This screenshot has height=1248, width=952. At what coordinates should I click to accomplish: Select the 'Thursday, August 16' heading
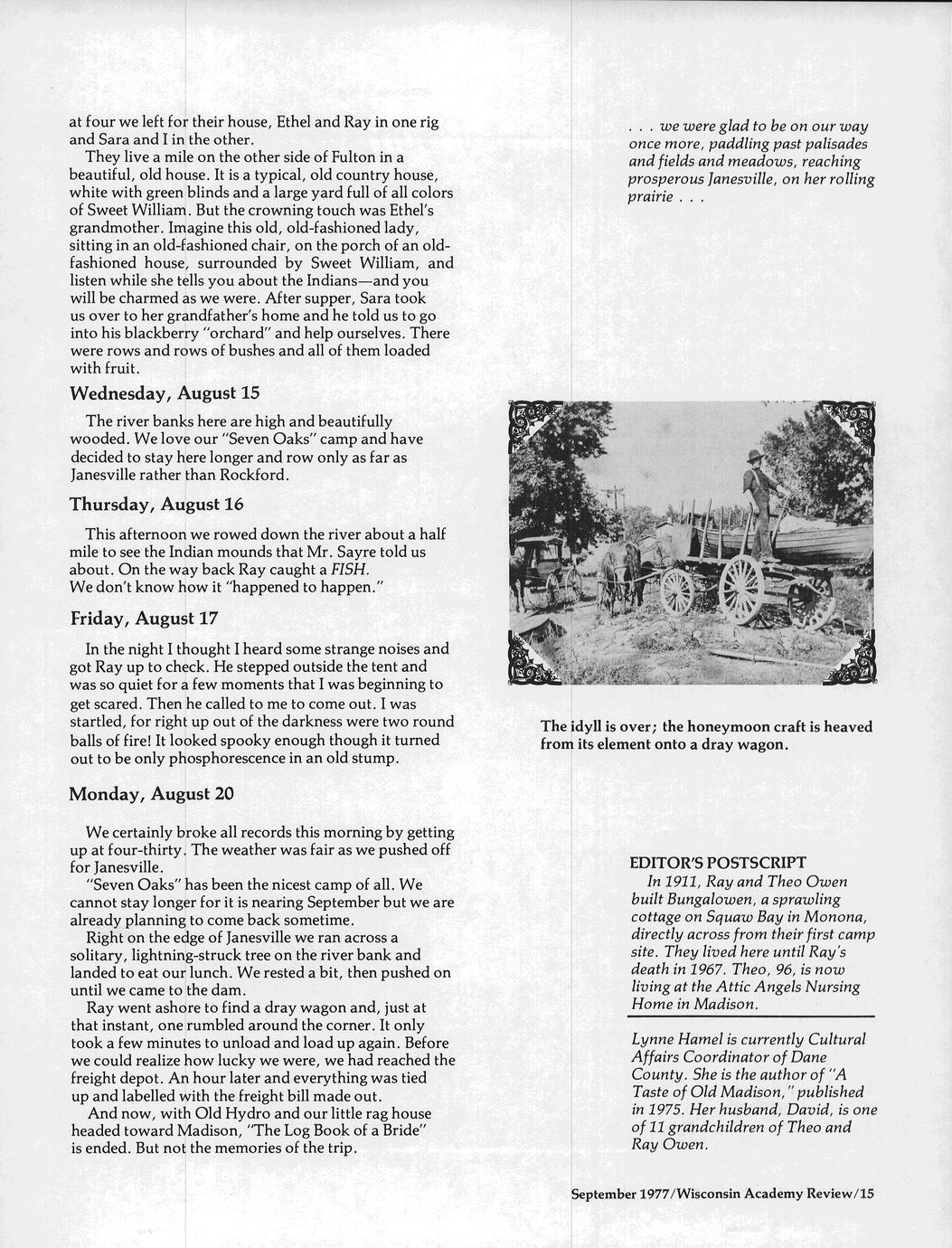click(x=156, y=504)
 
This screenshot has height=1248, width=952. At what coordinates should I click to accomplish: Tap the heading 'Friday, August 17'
click(x=144, y=619)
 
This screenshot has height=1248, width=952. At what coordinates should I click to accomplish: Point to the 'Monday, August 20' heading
click(x=152, y=794)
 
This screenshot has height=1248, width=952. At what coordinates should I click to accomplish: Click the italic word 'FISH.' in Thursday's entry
click(x=351, y=570)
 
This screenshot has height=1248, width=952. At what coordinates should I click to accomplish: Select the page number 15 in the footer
click(x=867, y=1194)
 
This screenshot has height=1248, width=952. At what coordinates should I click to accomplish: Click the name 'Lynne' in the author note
click(x=652, y=1039)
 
